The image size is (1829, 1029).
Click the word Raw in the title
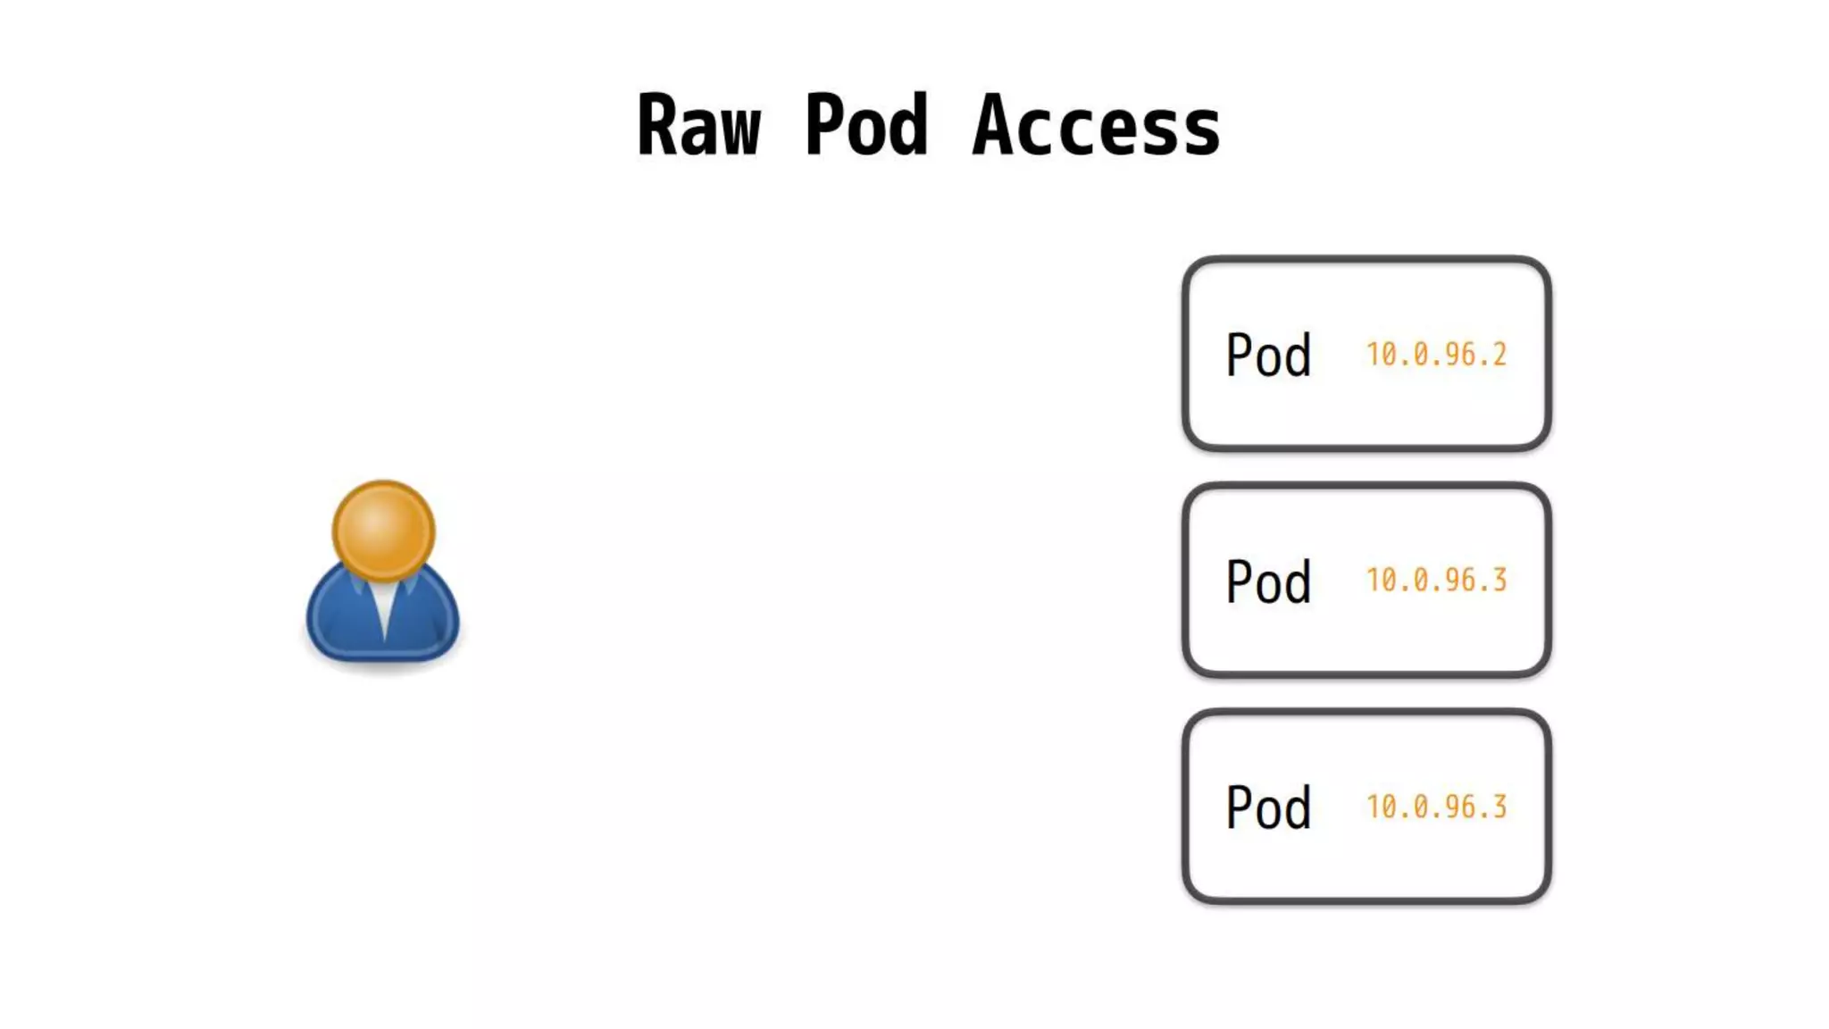698,126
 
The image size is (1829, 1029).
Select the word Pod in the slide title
866,126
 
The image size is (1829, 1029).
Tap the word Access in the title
1097,126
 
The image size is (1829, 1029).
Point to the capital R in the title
656,126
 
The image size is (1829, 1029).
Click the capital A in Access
993,126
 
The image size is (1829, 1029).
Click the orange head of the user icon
383,531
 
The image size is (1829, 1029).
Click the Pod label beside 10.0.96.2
1268,356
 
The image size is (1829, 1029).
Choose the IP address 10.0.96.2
1436,355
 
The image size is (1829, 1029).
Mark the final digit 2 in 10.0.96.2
1499,355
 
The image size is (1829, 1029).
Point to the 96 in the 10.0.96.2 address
1459,355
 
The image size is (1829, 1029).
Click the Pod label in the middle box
1268,581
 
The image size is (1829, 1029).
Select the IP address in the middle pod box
1436,581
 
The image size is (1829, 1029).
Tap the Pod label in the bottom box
1268,807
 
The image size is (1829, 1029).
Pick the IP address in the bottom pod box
1436,807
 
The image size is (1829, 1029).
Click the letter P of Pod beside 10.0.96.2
1238,356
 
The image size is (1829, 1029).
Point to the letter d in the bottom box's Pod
1297,807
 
